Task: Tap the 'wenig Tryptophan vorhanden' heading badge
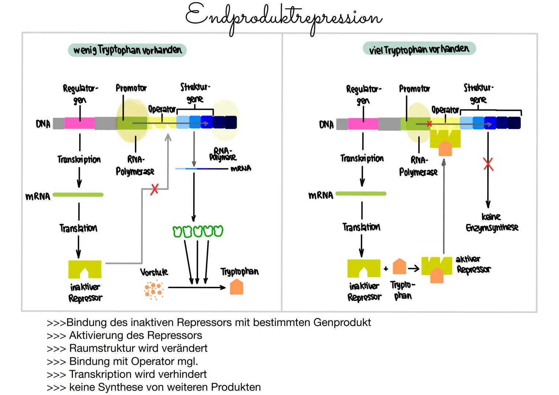pos(127,50)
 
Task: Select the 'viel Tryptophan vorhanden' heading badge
pos(419,49)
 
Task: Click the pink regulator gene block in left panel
pos(79,123)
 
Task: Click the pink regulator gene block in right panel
pos(363,124)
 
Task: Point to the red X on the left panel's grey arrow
pos(154,189)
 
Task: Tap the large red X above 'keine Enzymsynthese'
pos(488,164)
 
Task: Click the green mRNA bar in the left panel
pos(78,195)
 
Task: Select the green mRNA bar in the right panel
pos(361,194)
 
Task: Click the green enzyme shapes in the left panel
pos(198,231)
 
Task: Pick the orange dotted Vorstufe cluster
pos(153,290)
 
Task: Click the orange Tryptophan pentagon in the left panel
pos(236,287)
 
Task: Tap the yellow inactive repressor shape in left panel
pos(85,269)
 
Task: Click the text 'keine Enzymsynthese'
pos(492,222)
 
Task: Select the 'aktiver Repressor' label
pos(473,264)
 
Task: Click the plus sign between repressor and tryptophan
pos(386,269)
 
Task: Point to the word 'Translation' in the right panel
pos(361,227)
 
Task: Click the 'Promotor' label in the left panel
pos(131,88)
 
